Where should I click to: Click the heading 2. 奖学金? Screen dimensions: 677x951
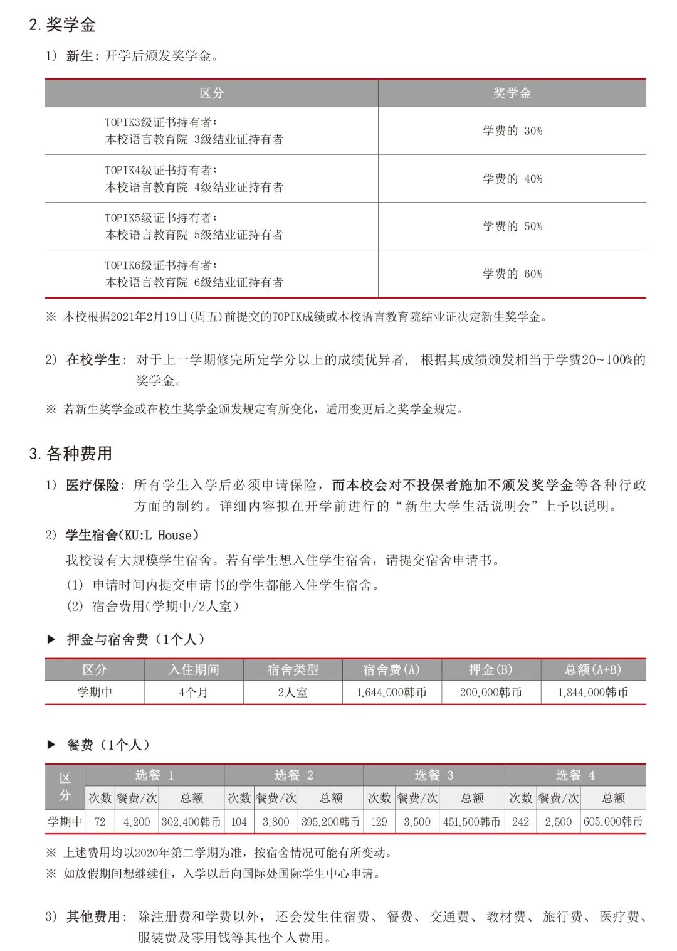[62, 25]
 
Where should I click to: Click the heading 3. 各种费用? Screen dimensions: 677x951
[70, 454]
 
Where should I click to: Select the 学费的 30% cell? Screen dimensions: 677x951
[512, 131]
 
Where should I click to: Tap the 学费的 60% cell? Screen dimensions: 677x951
[512, 274]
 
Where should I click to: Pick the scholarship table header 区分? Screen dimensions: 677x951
[211, 93]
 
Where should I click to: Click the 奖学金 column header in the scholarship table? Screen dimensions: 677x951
[512, 93]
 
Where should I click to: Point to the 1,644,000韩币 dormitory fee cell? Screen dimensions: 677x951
[392, 693]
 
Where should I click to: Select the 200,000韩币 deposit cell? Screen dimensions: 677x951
[491, 693]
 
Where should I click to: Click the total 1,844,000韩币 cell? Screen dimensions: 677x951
[593, 693]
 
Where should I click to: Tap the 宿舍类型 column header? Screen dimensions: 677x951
[293, 670]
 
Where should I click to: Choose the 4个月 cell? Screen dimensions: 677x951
[193, 693]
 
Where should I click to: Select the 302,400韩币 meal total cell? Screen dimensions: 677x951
[191, 822]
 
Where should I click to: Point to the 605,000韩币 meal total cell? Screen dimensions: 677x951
[612, 822]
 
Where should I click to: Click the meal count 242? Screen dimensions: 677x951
[520, 822]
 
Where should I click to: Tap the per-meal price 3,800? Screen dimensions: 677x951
[276, 822]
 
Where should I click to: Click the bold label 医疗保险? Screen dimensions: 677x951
[92, 486]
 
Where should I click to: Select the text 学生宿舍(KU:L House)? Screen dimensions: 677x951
[132, 536]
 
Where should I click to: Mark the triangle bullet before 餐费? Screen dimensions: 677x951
[51, 745]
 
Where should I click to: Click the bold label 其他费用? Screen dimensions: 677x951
[93, 917]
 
